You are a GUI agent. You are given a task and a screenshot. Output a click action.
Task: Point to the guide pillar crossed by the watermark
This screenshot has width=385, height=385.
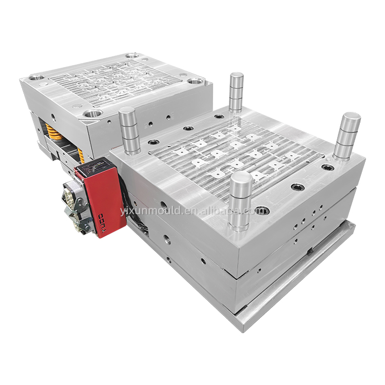pos(240,200)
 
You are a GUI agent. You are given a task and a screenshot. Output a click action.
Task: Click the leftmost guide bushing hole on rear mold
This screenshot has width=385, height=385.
pos(36,78)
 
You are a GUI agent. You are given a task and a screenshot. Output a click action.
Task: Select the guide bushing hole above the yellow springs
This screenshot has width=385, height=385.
pos(93,113)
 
